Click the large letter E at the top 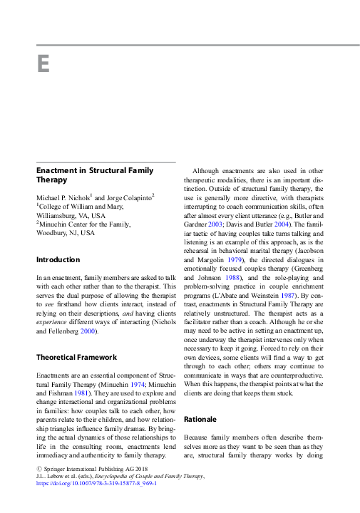(x=43, y=65)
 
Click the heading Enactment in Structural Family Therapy (x=95, y=175)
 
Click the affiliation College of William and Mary (x=81, y=206)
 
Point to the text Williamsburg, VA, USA (x=71, y=215)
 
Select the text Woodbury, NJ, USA (x=65, y=233)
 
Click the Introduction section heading (x=58, y=260)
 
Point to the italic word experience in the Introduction (x=53, y=323)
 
